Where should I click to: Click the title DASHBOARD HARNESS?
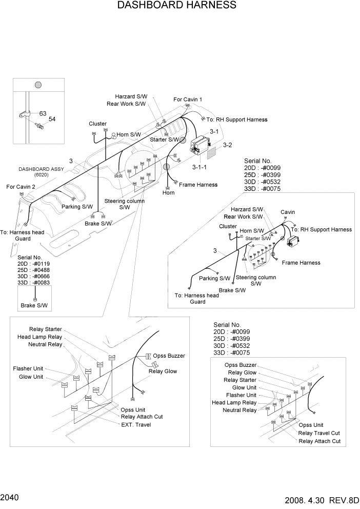point(177,6)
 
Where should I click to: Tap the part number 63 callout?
point(43,113)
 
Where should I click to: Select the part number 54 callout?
point(52,119)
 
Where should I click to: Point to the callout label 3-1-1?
point(199,167)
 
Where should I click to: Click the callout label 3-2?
point(227,145)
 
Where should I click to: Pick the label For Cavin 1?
point(188,100)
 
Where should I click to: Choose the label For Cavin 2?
point(21,187)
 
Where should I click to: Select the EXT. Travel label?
point(136,424)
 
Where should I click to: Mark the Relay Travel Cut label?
point(319,433)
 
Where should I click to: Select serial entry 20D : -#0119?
point(33,263)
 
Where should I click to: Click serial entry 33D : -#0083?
point(33,282)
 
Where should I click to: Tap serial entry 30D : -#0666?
point(33,276)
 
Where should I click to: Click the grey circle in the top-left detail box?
point(37,85)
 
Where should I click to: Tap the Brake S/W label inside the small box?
point(35,306)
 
